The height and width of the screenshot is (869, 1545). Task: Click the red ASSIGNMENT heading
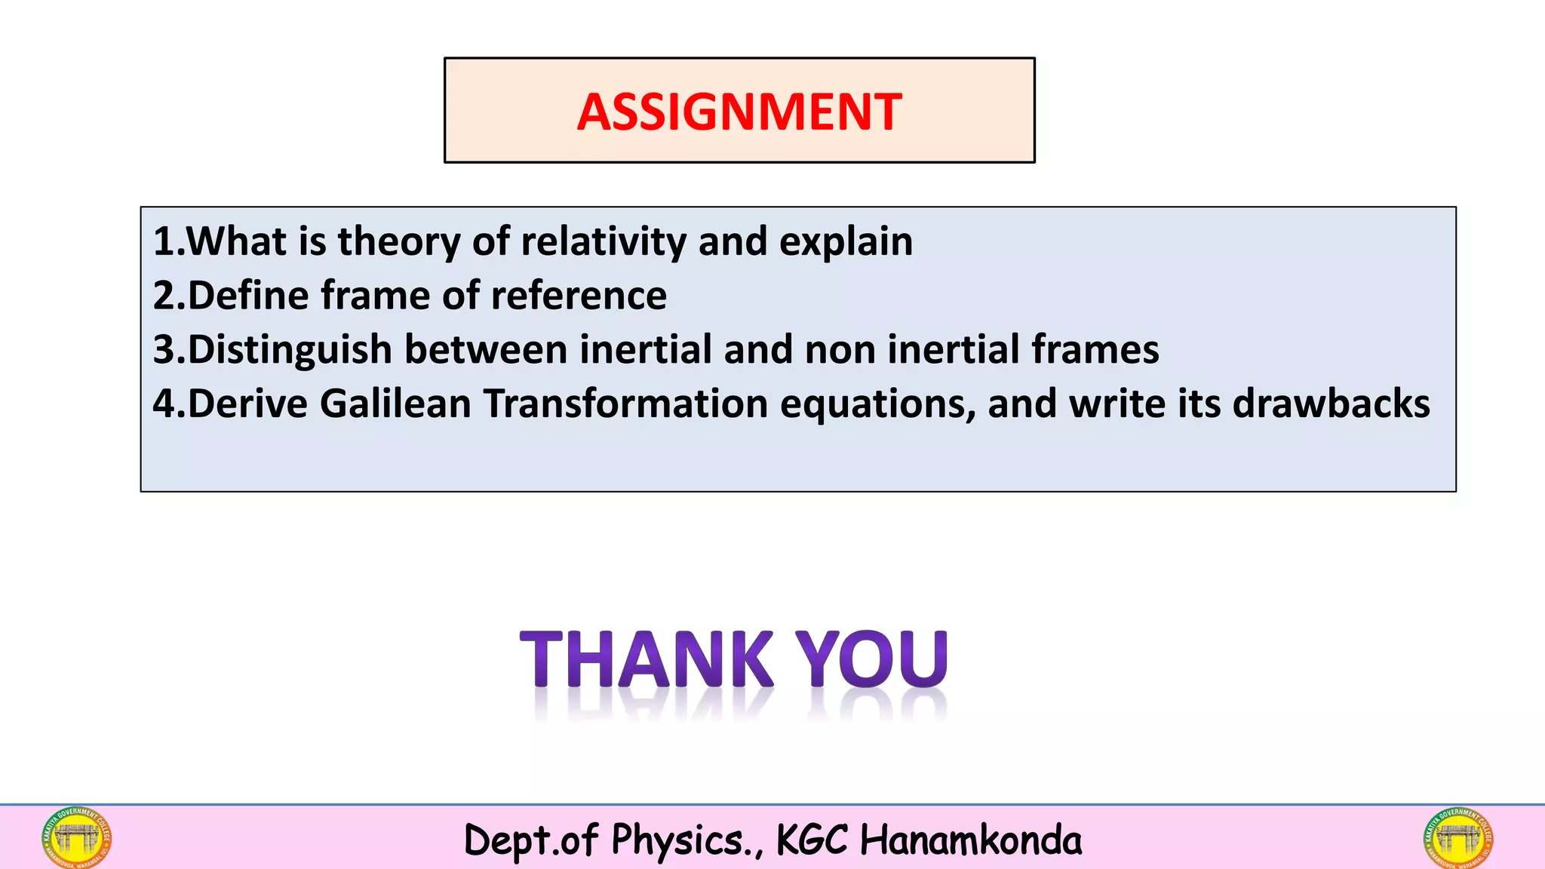[739, 112]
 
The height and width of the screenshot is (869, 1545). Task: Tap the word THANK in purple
[647, 659]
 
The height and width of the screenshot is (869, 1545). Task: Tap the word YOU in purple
[872, 659]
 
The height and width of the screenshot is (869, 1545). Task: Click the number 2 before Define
[164, 296]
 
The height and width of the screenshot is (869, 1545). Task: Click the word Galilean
[395, 404]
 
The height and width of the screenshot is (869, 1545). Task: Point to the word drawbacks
[1331, 404]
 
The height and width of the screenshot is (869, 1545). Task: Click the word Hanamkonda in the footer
[970, 840]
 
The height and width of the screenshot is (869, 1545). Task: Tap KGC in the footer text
[812, 840]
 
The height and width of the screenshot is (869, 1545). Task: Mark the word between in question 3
[486, 350]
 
